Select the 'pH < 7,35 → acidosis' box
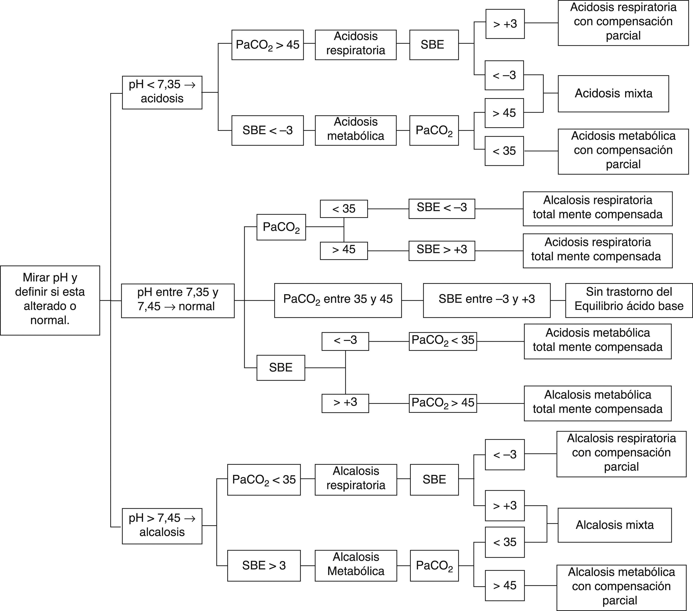coord(162,92)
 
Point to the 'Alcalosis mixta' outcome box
coord(614,525)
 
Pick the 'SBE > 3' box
coord(264,565)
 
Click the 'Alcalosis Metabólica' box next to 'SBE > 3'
coord(356,565)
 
